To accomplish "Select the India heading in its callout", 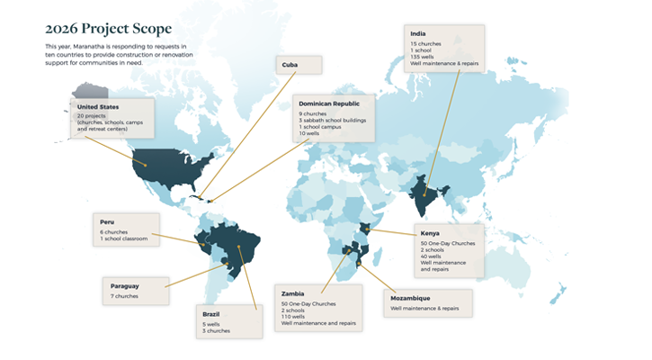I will click(418, 35).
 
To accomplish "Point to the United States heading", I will click(99, 107).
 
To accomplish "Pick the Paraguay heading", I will click(127, 285).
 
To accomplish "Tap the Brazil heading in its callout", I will click(213, 314).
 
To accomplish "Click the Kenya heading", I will click(430, 233).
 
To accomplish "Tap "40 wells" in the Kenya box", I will click(433, 256).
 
